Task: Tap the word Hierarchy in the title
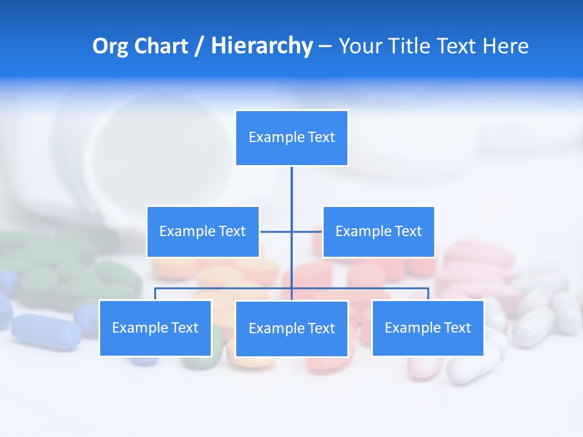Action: [262, 46]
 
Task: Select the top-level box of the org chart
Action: [291, 138]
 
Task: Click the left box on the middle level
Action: [203, 232]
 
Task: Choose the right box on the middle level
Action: [378, 232]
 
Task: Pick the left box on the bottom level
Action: [155, 328]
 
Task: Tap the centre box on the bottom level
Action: [291, 329]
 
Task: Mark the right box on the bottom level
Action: [428, 328]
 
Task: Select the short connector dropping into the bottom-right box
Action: [428, 294]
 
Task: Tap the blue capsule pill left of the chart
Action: [46, 331]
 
